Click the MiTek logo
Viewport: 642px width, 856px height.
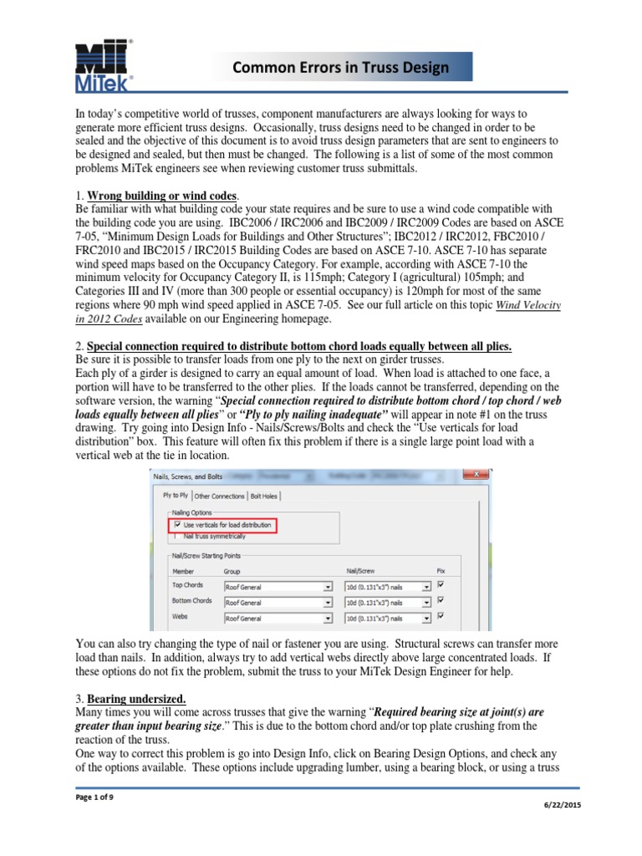pos(104,64)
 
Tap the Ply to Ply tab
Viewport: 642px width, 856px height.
pos(175,496)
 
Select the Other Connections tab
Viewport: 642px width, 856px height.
pos(220,496)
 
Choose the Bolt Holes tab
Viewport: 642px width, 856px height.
pos(264,496)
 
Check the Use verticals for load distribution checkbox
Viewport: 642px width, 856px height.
pos(176,525)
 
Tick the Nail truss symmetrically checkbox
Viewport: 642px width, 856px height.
pos(176,536)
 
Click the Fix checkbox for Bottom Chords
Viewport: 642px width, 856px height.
pos(441,600)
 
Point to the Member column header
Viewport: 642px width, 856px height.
pos(184,571)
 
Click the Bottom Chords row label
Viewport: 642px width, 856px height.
pos(191,601)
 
